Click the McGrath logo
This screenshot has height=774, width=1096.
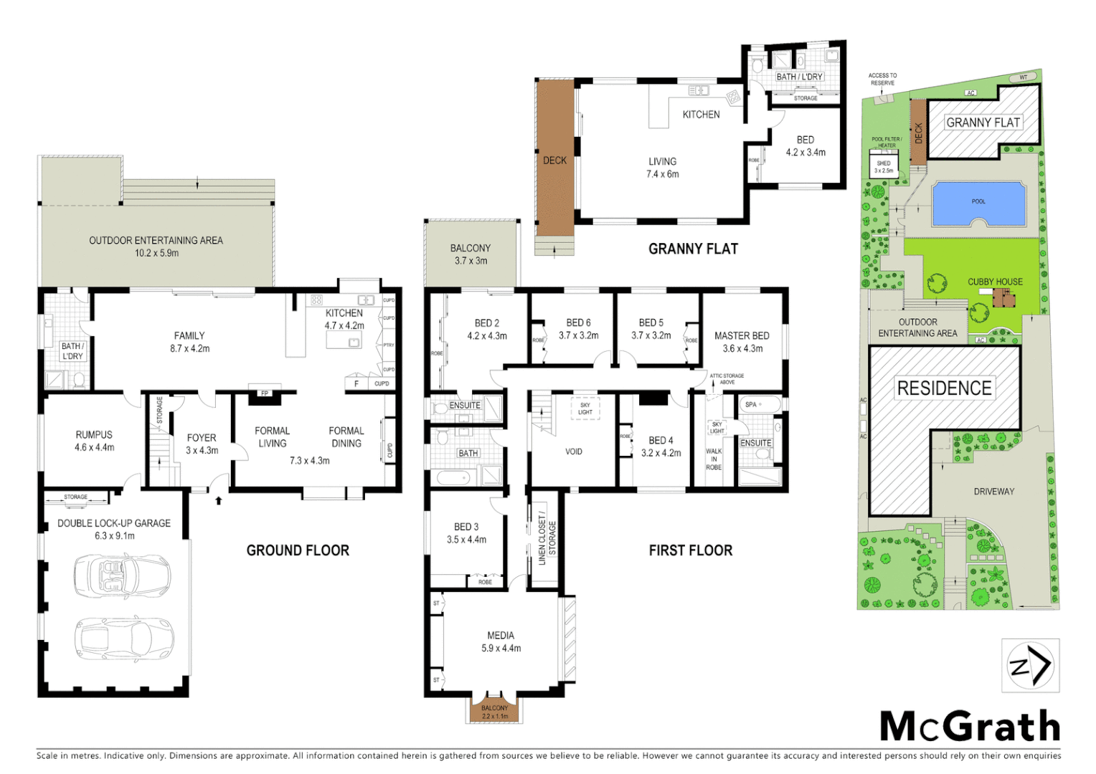[x=970, y=726]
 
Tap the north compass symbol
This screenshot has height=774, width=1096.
[x=1031, y=665]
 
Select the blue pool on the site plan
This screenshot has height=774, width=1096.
[x=978, y=203]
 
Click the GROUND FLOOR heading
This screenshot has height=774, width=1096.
[x=298, y=550]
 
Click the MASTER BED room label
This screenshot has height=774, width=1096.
[x=742, y=335]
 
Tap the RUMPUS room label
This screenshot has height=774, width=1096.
[x=94, y=434]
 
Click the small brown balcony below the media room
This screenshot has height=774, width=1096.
[x=494, y=711]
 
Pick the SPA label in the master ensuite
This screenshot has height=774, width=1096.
[x=751, y=404]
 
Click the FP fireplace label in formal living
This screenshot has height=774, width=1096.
[x=265, y=393]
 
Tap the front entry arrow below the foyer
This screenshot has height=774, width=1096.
[x=219, y=500]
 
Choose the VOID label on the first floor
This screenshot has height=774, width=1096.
[x=574, y=451]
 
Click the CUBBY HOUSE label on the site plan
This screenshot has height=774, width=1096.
[x=995, y=282]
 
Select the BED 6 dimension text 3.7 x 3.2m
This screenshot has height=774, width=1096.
[x=578, y=335]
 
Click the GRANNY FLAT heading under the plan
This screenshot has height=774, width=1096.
[x=693, y=249]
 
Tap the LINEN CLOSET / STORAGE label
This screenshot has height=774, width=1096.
[x=547, y=537]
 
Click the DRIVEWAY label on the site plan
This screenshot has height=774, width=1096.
[x=993, y=492]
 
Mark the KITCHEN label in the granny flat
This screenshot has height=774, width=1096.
[x=701, y=115]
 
